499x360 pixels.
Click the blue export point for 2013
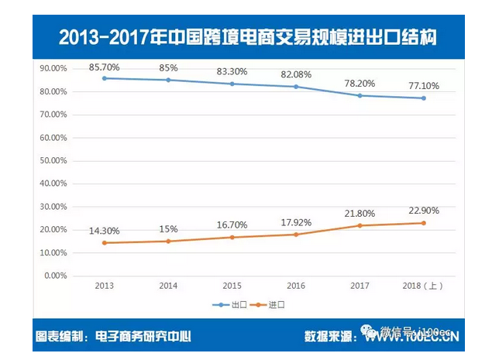(105, 78)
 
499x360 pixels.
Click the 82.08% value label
(295, 75)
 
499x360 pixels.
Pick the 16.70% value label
(232, 225)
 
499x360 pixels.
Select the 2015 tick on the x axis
(232, 286)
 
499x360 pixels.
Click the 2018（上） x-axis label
(423, 286)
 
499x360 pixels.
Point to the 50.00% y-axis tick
(53, 160)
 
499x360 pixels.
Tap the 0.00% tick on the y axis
(56, 276)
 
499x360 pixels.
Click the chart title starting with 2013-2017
(248, 36)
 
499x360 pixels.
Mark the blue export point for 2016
(296, 87)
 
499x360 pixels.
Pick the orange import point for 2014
(168, 241)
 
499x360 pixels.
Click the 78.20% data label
(360, 84)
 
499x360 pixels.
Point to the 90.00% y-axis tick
(53, 68)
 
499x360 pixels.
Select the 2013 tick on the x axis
(105, 286)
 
